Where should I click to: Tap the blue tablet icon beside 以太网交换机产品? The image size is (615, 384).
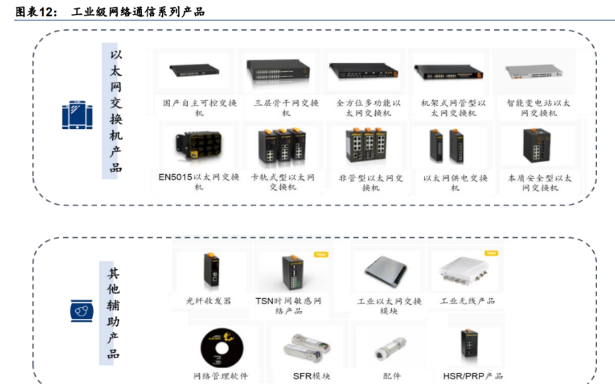click(77, 115)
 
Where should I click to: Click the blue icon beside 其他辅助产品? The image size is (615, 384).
click(82, 310)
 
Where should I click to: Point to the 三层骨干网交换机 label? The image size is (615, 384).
click(286, 108)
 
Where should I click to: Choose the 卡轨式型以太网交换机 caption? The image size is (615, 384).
click(282, 182)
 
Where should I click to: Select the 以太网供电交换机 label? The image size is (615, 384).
click(455, 183)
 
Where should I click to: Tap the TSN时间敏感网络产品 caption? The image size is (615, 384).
click(288, 306)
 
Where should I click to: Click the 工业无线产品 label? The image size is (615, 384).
click(468, 301)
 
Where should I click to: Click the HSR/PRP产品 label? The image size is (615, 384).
click(472, 376)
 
